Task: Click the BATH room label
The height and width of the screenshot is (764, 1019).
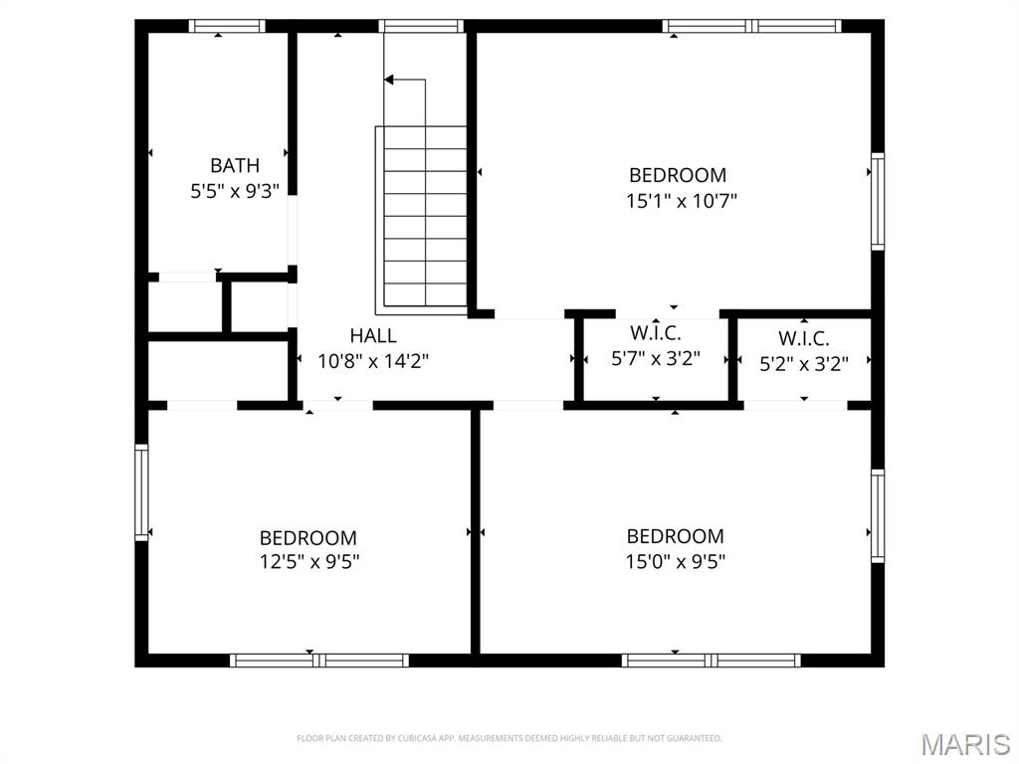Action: point(235,166)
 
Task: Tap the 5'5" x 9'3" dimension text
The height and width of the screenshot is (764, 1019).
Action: point(235,191)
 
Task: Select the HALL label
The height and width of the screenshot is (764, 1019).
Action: point(373,336)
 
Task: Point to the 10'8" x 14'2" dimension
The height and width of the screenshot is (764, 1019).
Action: point(373,360)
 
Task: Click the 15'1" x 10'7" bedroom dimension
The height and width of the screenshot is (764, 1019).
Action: point(681,201)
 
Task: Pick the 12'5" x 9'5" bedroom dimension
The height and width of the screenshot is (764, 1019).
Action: point(309,561)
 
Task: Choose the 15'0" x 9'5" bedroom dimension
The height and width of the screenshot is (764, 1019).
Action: point(676,561)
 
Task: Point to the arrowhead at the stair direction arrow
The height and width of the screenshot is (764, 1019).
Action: point(388,80)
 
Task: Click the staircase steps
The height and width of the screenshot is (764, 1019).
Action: point(421,216)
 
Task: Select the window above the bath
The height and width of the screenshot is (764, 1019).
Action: point(227,26)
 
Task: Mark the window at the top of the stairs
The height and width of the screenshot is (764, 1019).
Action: point(421,26)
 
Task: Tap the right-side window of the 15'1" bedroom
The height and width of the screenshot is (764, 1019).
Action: point(878,201)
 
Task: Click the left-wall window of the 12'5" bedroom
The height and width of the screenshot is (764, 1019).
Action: point(141,492)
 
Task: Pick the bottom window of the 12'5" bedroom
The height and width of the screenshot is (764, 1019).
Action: point(319,661)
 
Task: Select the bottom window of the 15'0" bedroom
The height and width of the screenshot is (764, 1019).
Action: point(711,661)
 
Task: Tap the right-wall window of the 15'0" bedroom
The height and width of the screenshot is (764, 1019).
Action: point(878,516)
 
